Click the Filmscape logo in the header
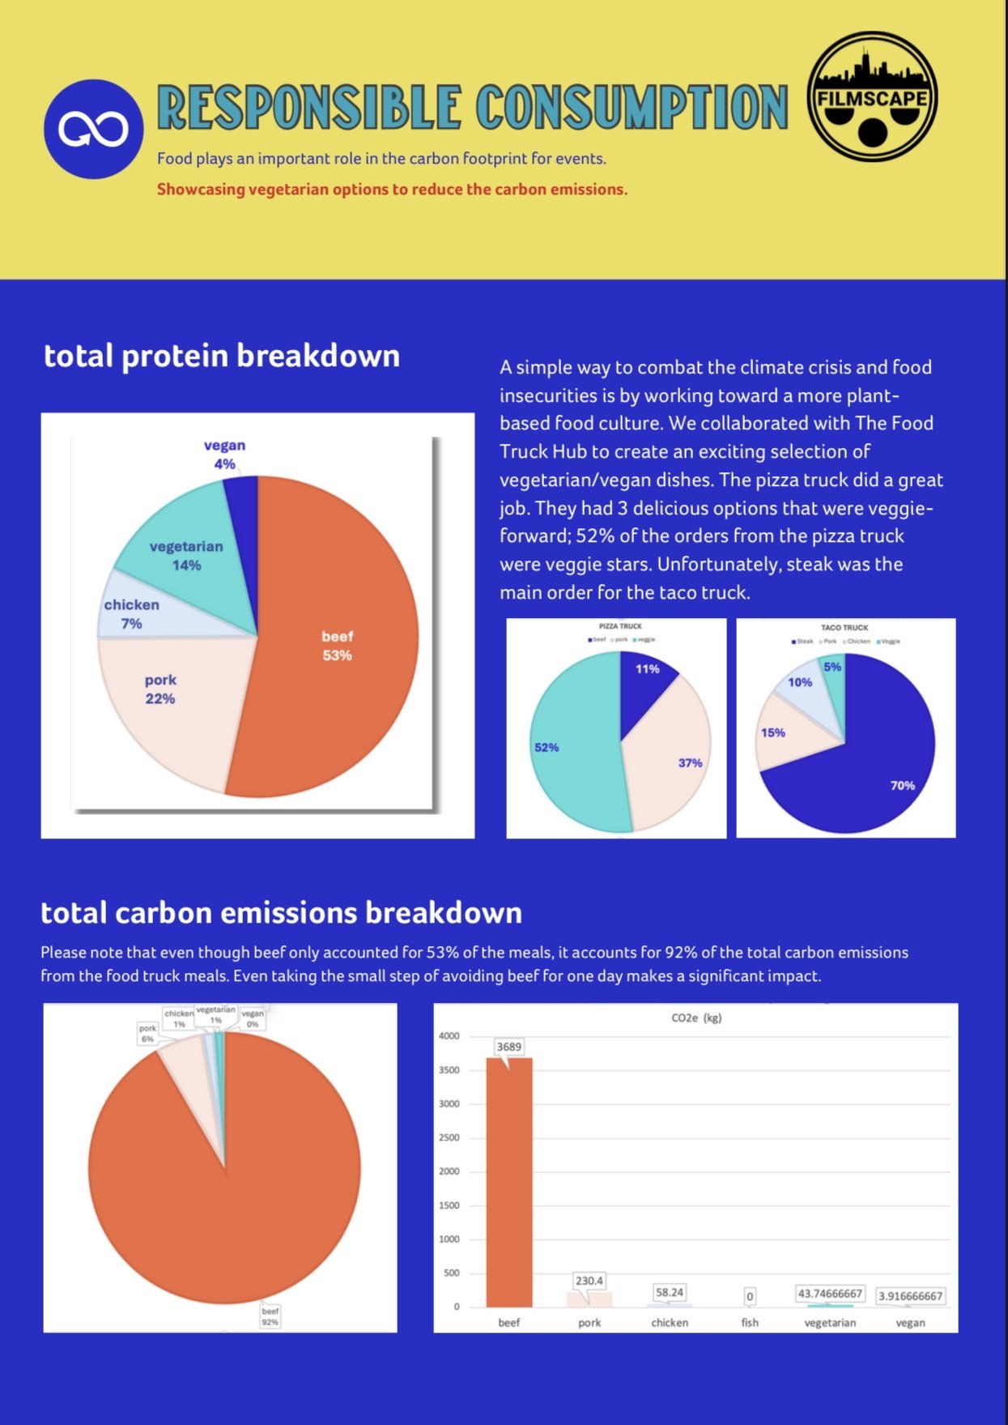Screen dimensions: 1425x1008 coord(873,97)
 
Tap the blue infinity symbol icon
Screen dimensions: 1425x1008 coord(93,129)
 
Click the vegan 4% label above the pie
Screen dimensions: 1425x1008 coord(224,454)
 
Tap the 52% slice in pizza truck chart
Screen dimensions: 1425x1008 coord(567,745)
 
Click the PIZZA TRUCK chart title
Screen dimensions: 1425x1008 coord(620,626)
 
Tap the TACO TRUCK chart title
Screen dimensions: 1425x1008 coord(844,628)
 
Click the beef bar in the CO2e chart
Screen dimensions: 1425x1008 coord(509,1183)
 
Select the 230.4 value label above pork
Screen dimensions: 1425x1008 coord(589,1281)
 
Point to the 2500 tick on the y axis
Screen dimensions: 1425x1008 coord(449,1137)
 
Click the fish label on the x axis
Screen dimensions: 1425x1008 coord(750,1323)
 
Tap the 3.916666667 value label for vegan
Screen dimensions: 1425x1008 coord(911,1296)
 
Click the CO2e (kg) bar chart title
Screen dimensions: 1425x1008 coord(696,1018)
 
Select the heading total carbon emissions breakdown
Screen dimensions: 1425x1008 coord(282,913)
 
